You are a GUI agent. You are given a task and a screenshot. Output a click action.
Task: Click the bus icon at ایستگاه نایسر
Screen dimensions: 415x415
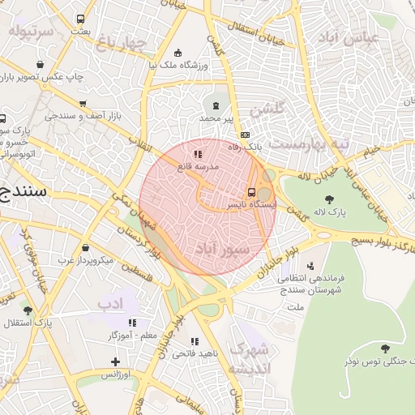[x=251, y=193]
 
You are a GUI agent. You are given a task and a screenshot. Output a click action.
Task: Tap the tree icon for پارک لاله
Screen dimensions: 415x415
[x=328, y=199]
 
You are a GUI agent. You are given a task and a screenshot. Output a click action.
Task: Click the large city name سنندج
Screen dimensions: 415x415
[x=22, y=192]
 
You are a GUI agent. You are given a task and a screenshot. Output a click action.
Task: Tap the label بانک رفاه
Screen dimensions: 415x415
[x=245, y=147]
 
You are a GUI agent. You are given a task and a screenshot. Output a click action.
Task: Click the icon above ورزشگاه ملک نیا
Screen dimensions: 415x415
[x=178, y=53]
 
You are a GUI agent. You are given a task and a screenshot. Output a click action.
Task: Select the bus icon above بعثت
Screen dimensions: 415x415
[x=80, y=19]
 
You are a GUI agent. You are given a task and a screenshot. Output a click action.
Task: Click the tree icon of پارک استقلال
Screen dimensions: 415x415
[x=28, y=310]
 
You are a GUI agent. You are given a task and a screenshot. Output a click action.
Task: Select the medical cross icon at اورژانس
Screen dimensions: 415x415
[x=115, y=362]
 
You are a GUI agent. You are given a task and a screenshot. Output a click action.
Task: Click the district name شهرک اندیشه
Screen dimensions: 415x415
[x=253, y=358]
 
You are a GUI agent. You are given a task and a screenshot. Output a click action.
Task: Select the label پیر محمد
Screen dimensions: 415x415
[x=216, y=118]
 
